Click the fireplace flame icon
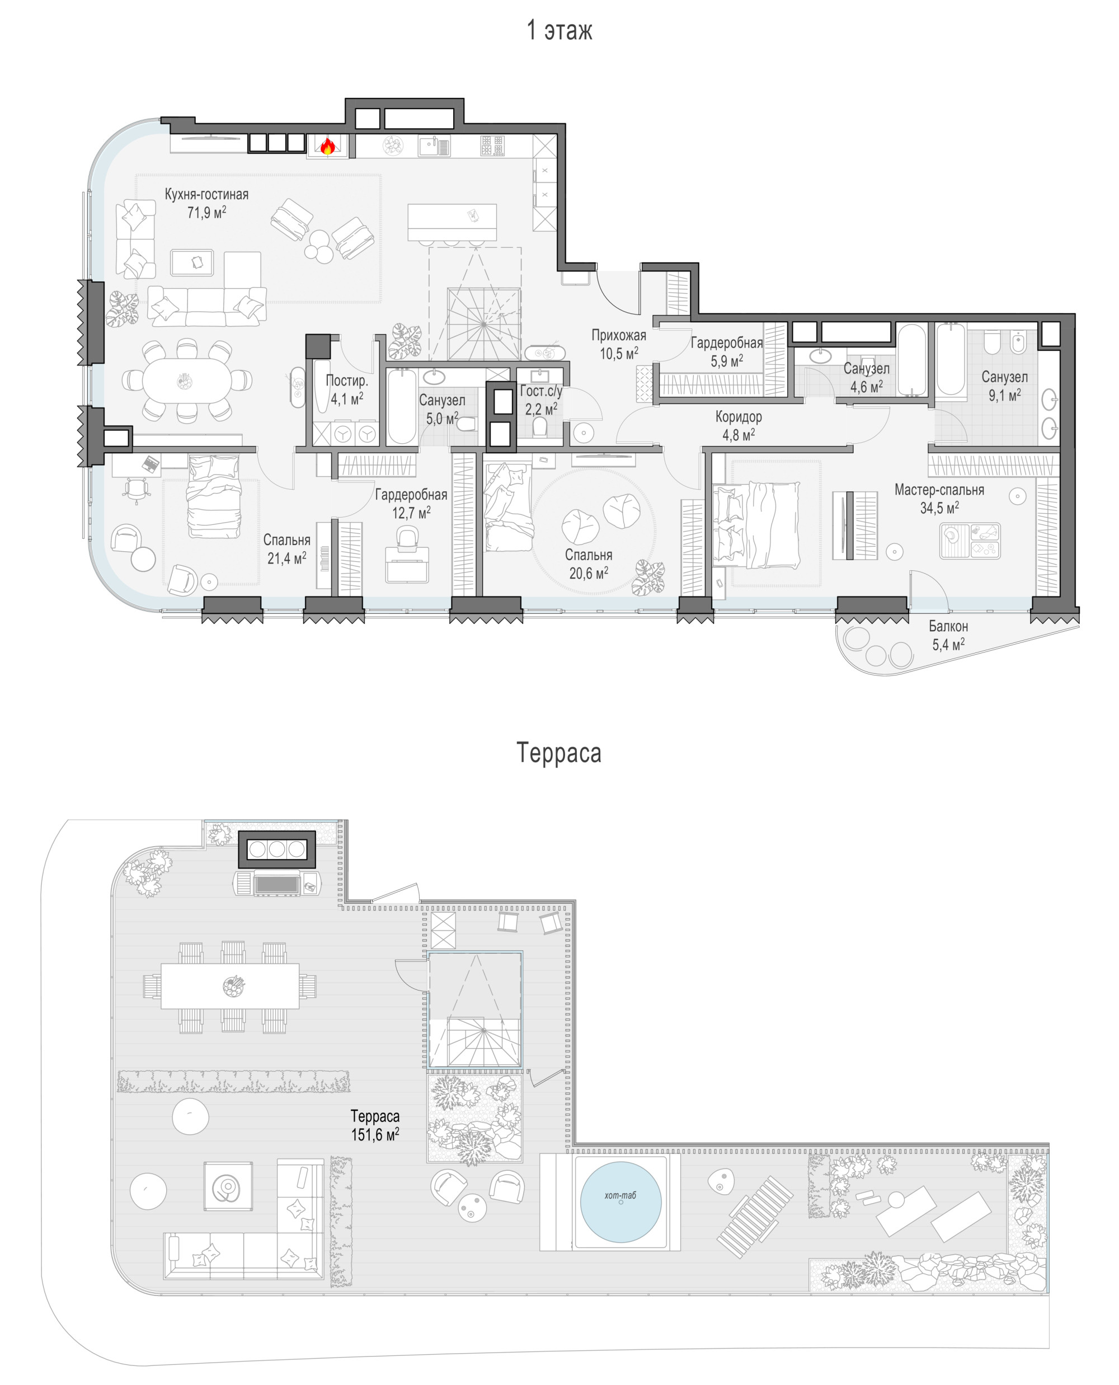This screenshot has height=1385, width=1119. tap(327, 147)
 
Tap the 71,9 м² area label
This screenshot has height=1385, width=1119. tap(206, 212)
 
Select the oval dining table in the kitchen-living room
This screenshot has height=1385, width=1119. tap(187, 381)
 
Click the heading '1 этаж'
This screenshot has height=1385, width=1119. tap(559, 30)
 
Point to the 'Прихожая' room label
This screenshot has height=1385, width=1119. tap(619, 335)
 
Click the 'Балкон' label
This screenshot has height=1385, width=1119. tap(948, 626)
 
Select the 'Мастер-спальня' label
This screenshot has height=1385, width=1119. tap(939, 490)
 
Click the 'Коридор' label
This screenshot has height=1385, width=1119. tap(739, 416)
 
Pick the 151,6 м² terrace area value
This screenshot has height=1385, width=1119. tap(375, 1134)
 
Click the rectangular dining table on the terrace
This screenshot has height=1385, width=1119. tap(230, 986)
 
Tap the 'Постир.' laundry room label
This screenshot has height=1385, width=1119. tap(347, 381)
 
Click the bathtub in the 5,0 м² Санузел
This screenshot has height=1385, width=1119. tap(402, 406)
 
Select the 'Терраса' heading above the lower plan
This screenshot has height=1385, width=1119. tap(559, 753)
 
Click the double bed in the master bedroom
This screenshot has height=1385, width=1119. tap(756, 524)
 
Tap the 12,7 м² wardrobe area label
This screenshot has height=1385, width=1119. tap(411, 513)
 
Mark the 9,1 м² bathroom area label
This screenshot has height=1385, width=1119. tap(1004, 395)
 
